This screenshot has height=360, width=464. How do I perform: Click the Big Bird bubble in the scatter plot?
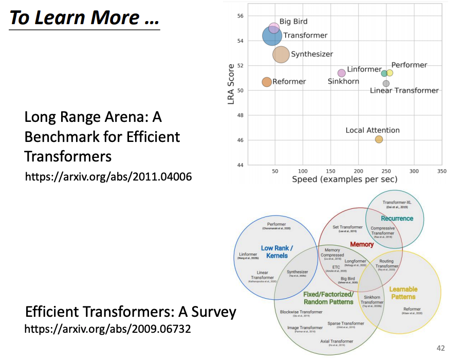point(274,28)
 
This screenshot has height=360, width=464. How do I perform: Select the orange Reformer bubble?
point(267,82)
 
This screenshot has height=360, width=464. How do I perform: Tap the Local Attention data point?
point(379,139)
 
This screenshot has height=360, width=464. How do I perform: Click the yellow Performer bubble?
point(390,73)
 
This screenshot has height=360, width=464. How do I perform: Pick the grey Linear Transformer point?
point(386,83)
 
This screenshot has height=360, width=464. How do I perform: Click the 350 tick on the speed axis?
point(440,171)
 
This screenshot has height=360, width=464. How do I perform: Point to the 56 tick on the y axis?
point(239,16)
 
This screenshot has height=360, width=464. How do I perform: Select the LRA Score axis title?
point(232,84)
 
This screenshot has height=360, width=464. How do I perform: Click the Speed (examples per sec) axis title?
point(344,179)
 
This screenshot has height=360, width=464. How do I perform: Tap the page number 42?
point(440,347)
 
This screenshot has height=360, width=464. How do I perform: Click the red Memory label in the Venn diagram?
point(362,244)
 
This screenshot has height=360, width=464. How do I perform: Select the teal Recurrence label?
point(397,219)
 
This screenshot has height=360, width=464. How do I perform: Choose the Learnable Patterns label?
point(403,293)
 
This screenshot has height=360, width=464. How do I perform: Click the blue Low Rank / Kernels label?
point(277,251)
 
